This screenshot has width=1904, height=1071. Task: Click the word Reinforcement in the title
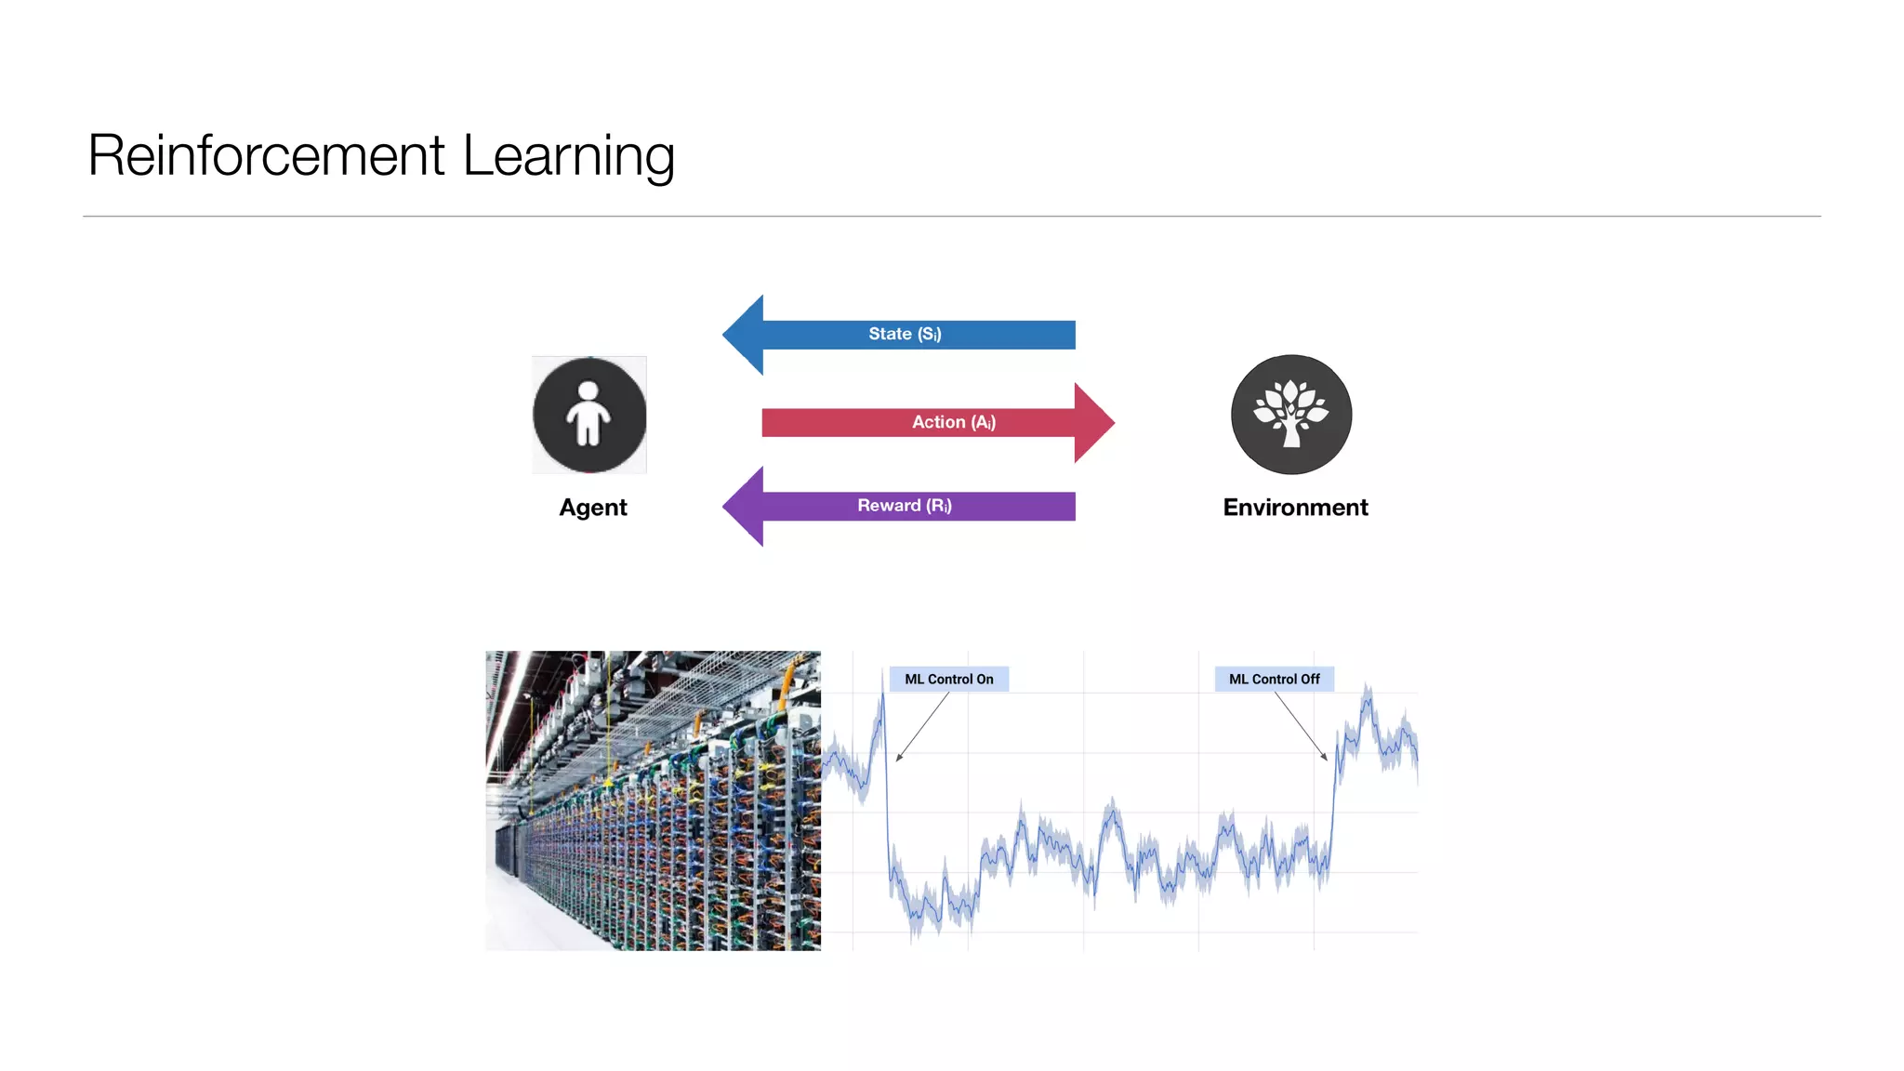[267, 155]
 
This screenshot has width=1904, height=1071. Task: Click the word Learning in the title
[568, 155]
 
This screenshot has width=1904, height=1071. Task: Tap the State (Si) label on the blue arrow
[905, 334]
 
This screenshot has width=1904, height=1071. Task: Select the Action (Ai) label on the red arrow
[953, 422]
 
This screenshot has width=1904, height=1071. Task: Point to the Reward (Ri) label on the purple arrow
[904, 506]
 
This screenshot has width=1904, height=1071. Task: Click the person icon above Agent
[589, 415]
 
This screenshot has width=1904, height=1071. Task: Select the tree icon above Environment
[1291, 415]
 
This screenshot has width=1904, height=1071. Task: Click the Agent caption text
[593, 508]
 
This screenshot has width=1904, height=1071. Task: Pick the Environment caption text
[1295, 508]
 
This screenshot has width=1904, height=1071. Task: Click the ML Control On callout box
[948, 680]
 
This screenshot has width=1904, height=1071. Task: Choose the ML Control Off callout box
[1274, 680]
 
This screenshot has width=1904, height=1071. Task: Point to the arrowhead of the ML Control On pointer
[898, 760]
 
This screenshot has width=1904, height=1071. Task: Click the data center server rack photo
[653, 800]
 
